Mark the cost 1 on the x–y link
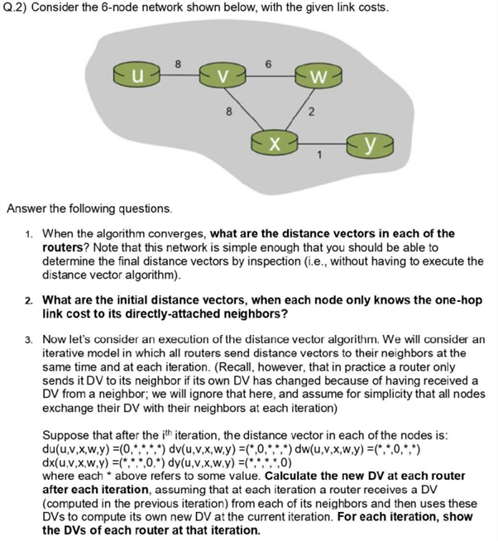point(321,155)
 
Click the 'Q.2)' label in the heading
point(15,7)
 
